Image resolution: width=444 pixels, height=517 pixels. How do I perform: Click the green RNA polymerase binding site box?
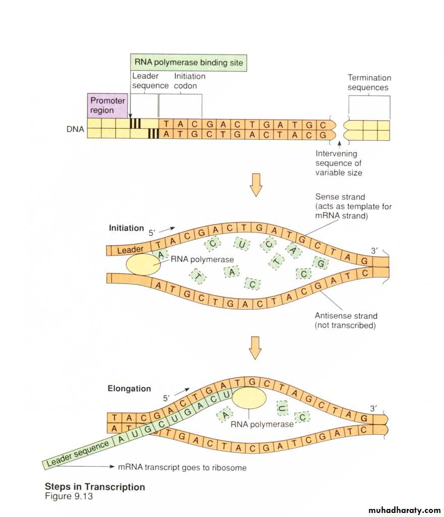point(189,63)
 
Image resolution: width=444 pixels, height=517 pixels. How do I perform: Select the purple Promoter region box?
point(107,105)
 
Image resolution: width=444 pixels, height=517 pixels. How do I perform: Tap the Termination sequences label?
point(369,82)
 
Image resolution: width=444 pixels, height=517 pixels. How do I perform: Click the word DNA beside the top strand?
point(75,129)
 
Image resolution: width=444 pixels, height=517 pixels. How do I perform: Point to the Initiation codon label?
point(190,81)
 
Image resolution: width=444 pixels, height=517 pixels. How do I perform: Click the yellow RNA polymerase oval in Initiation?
point(143,264)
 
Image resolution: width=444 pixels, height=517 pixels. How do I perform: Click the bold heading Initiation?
point(126,228)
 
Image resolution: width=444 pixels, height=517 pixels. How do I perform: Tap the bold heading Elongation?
point(129,388)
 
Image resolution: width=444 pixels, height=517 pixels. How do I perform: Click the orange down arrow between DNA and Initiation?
point(256,185)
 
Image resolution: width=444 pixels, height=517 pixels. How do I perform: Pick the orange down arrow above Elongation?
point(256,347)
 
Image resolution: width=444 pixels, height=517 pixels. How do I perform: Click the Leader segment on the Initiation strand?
point(130,250)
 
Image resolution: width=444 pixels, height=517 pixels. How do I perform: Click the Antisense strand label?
point(346,320)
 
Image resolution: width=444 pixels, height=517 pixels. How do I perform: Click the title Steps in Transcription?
point(95,487)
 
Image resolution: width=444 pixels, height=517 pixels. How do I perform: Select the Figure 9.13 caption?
point(69,496)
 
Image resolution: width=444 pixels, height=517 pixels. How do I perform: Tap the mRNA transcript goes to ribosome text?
point(182,468)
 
